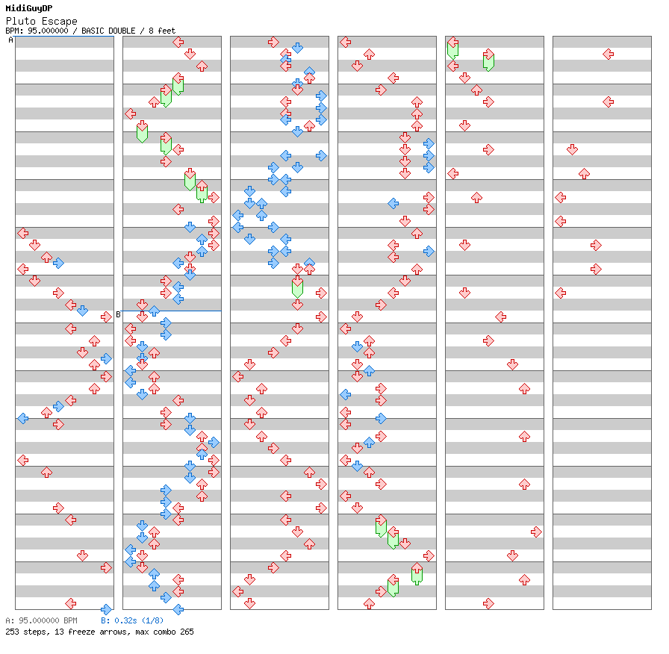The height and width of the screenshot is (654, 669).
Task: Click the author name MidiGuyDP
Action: (28, 8)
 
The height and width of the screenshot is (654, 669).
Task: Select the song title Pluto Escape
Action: (41, 21)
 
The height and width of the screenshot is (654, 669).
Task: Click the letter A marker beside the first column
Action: (10, 40)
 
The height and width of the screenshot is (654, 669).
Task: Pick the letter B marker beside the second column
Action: (118, 314)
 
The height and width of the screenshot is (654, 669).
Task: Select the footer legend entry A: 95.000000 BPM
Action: (41, 620)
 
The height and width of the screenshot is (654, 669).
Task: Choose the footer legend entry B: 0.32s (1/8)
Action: (132, 620)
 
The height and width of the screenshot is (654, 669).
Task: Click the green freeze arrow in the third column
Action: (297, 285)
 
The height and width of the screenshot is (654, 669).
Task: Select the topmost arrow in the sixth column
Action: (608, 54)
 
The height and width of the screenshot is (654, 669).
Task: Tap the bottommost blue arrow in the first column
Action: (106, 609)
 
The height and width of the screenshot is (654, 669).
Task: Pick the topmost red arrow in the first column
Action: (22, 233)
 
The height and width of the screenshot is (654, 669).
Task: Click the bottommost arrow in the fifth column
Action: (488, 603)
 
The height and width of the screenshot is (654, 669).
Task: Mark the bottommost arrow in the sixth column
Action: (524, 579)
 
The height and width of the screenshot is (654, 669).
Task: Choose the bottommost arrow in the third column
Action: (249, 603)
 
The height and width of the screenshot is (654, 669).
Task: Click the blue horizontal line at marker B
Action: (172, 311)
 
